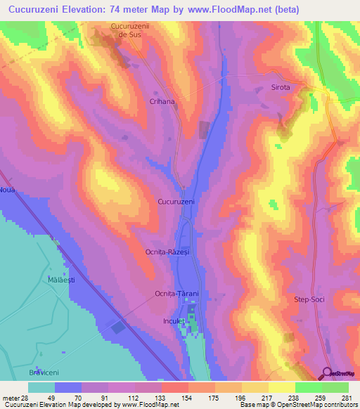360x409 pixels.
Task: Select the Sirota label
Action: pyautogui.click(x=281, y=88)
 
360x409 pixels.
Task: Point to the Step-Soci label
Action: pyautogui.click(x=309, y=299)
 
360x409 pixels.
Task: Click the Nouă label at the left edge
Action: pyautogui.click(x=7, y=190)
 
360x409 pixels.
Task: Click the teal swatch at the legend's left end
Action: pyautogui.click(x=41, y=387)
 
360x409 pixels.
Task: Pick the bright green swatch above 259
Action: pyautogui.click(x=308, y=387)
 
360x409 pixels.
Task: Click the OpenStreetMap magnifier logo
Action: pyautogui.click(x=326, y=373)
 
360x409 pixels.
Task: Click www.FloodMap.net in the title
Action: pyautogui.click(x=228, y=9)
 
